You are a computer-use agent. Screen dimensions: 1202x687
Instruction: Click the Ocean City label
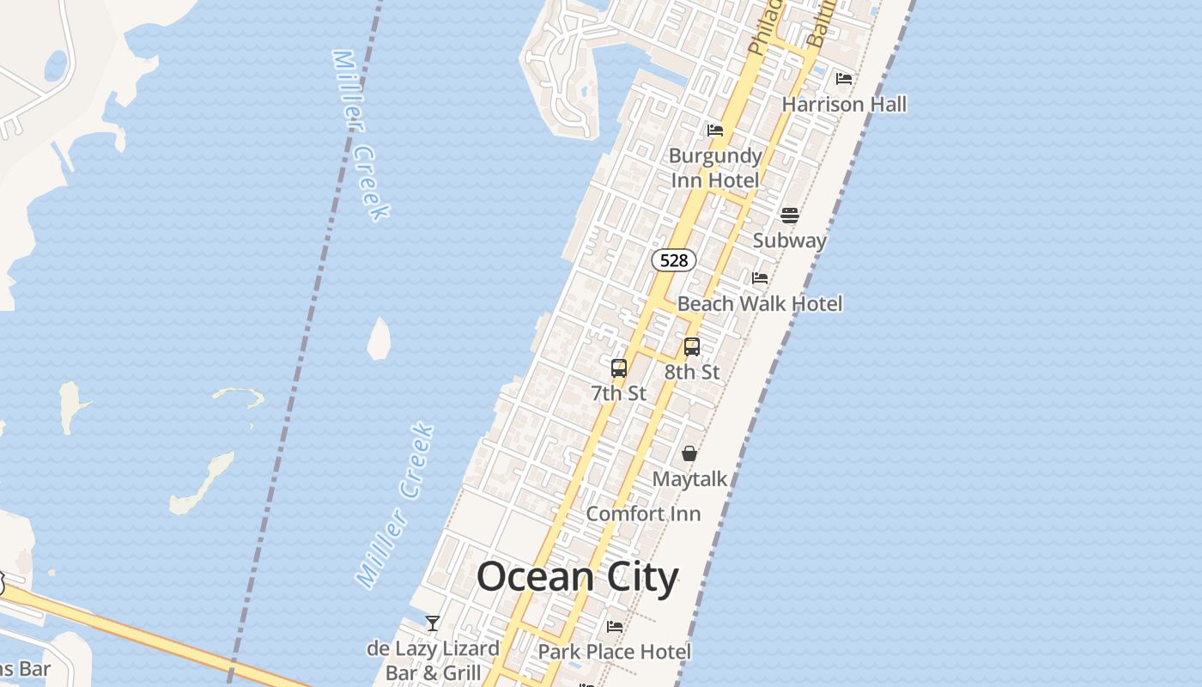pyautogui.click(x=577, y=577)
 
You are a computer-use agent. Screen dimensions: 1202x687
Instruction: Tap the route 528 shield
pyautogui.click(x=674, y=260)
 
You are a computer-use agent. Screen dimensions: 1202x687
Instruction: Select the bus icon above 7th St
pyautogui.click(x=619, y=368)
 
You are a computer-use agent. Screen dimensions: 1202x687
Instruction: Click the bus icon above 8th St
pyautogui.click(x=692, y=347)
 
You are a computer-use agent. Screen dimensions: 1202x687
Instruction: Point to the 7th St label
pyautogui.click(x=618, y=393)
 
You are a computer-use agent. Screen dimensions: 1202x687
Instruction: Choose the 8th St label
pyautogui.click(x=692, y=372)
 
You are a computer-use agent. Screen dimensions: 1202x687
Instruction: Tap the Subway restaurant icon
pyautogui.click(x=790, y=215)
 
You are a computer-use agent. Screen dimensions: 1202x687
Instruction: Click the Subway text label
pyautogui.click(x=789, y=240)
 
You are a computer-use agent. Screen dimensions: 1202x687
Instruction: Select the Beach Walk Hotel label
pyautogui.click(x=760, y=303)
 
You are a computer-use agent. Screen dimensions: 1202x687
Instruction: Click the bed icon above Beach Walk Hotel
pyautogui.click(x=760, y=278)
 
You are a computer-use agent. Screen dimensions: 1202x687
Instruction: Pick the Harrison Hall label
pyautogui.click(x=844, y=104)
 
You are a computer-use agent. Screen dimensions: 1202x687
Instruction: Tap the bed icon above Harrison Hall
pyautogui.click(x=844, y=79)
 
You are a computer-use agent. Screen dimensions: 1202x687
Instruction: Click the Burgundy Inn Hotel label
pyautogui.click(x=715, y=167)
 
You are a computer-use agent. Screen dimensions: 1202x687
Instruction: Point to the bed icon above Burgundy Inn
pyautogui.click(x=715, y=131)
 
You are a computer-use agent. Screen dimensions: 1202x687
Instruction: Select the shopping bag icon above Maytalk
pyautogui.click(x=689, y=453)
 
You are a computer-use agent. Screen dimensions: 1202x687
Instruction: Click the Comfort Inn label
pyautogui.click(x=643, y=514)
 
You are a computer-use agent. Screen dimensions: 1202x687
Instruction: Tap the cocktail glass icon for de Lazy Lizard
pyautogui.click(x=433, y=623)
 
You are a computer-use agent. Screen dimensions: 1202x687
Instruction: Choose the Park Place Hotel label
pyautogui.click(x=614, y=652)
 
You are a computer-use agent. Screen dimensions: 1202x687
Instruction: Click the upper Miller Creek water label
pyautogui.click(x=361, y=135)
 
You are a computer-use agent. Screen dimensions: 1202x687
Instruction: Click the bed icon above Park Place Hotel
pyautogui.click(x=615, y=627)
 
